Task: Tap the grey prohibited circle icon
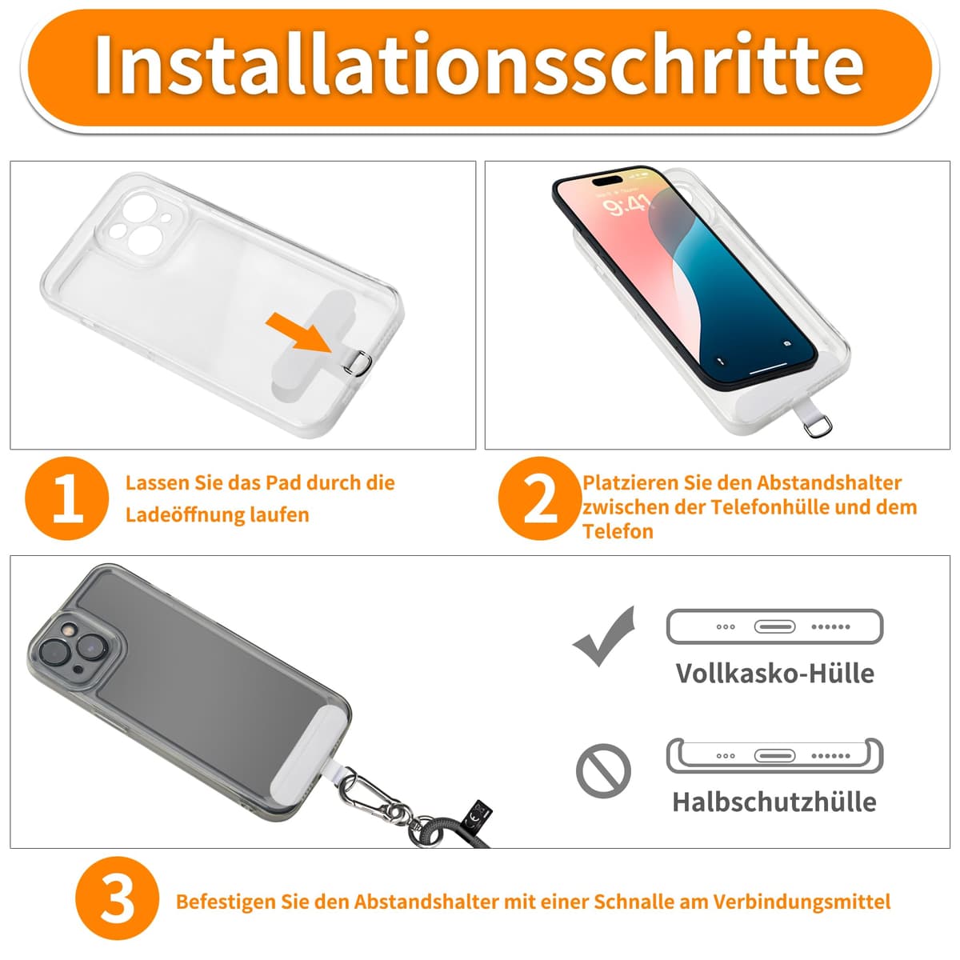[603, 770]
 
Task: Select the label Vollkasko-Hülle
[774, 673]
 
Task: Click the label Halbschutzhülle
[774, 802]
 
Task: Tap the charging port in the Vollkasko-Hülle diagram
[774, 626]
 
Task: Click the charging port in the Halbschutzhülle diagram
[775, 755]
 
